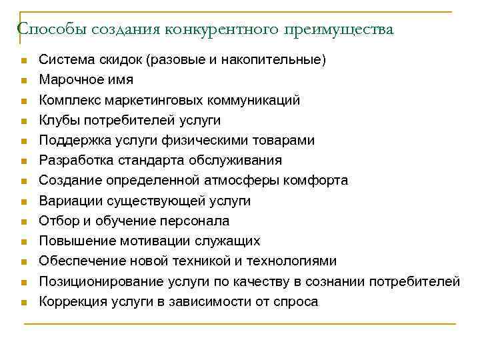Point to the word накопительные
click(x=281, y=60)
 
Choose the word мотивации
click(x=162, y=241)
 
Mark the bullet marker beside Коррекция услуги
click(x=23, y=302)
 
